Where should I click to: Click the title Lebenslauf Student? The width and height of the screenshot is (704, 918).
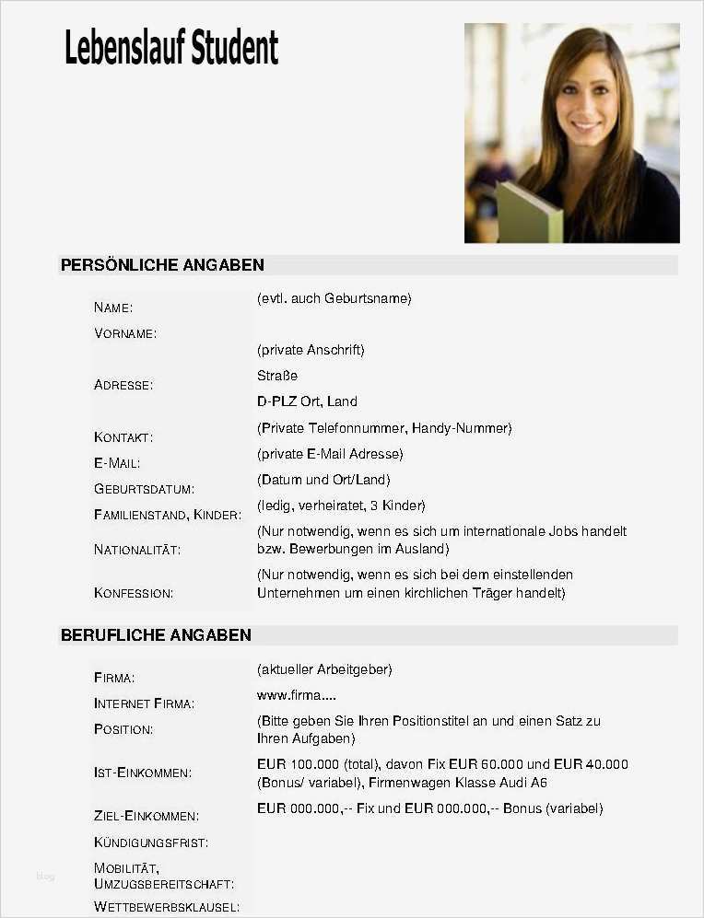pos(171,48)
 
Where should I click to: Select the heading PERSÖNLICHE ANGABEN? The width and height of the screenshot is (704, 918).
pos(162,265)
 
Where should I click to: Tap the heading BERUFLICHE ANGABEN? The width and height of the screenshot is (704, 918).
pos(156,635)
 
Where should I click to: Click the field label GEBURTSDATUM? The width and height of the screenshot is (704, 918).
pos(144,489)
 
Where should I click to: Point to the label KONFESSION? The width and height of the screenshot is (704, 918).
pos(134,593)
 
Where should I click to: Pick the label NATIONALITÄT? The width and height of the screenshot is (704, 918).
pos(137,550)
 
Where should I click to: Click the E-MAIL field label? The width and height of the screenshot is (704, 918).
pos(117,463)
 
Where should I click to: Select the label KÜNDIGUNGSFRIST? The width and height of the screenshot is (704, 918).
pos(151,842)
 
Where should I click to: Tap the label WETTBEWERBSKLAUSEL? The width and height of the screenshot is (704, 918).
pos(167,907)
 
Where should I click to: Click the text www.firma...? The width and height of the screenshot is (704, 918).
pos(297,695)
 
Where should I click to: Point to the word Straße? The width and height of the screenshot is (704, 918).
pos(277,376)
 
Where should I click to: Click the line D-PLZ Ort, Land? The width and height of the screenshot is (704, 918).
pos(307,401)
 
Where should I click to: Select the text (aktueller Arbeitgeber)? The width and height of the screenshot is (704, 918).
pos(324,669)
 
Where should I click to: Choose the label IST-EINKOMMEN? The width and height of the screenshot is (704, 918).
pos(143,773)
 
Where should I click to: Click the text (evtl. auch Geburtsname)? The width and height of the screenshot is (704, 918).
pos(334,298)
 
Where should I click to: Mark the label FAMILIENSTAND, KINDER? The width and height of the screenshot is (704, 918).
pos(168,515)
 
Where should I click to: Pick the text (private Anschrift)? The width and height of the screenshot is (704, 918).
pos(311,350)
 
